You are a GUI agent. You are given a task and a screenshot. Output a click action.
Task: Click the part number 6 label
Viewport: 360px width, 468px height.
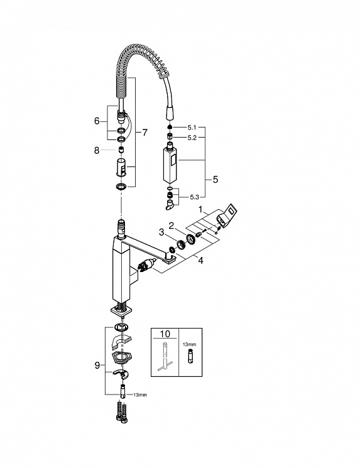[97, 121]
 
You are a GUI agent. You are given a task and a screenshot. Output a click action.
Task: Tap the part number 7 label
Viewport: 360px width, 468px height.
[145, 133]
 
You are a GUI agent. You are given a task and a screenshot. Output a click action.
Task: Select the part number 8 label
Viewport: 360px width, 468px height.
[97, 150]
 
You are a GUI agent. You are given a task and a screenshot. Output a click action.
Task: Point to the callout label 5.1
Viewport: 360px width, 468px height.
[192, 128]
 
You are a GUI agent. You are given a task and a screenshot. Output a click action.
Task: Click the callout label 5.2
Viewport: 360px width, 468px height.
[192, 138]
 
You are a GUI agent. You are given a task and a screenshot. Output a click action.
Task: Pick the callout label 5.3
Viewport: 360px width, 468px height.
[194, 197]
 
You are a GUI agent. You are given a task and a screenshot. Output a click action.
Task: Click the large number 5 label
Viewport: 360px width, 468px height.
[215, 180]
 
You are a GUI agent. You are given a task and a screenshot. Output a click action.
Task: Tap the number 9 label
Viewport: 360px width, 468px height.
[97, 365]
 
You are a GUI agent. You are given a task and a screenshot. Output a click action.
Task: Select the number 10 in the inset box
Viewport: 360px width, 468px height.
[165, 334]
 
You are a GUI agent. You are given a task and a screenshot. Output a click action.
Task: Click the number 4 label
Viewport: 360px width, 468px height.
[200, 261]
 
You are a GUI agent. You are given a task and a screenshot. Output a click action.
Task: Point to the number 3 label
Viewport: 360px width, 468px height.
[161, 232]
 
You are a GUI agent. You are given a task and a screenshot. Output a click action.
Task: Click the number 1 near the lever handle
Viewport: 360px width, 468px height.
[200, 210]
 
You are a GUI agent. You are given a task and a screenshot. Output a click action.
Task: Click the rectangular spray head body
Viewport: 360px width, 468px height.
[170, 163]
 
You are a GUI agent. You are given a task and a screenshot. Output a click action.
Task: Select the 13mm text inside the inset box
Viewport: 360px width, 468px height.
[190, 344]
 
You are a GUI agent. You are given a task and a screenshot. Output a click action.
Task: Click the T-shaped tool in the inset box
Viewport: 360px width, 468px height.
[165, 357]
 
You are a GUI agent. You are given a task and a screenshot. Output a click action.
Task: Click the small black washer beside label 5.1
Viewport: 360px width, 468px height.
[169, 127]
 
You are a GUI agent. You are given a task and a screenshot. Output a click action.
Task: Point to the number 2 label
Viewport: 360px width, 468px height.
[172, 226]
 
